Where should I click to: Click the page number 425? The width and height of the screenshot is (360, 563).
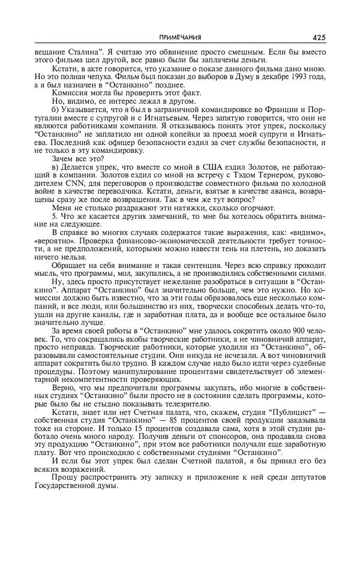319,38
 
